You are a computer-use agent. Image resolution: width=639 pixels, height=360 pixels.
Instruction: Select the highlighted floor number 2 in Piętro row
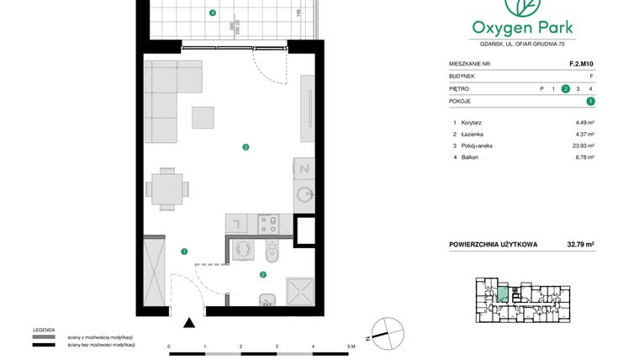coord(566,88)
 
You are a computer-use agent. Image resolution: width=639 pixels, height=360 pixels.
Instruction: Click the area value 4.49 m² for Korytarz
coord(584,123)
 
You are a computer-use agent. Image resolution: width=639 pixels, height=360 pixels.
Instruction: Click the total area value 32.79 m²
coord(580,245)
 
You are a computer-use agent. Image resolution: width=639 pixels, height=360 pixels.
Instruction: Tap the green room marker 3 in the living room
coord(246,148)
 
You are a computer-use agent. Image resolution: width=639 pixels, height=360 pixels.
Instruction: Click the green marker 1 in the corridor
coord(184,251)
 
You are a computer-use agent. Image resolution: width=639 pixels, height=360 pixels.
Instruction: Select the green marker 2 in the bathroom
coord(263,274)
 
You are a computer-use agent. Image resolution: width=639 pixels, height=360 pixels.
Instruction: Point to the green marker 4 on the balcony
coord(213,13)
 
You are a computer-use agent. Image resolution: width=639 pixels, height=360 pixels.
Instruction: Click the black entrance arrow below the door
coord(190,321)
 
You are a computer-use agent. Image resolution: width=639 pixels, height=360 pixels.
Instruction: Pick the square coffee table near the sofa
coord(203,117)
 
